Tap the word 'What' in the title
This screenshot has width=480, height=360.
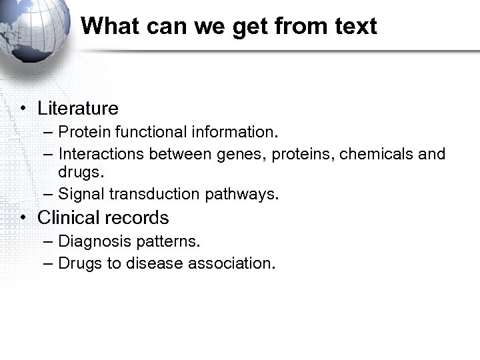coord(107,27)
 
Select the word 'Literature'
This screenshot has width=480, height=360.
coord(78,109)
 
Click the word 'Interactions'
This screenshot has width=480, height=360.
coord(101,155)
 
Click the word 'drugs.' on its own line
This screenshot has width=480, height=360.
coord(81,173)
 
